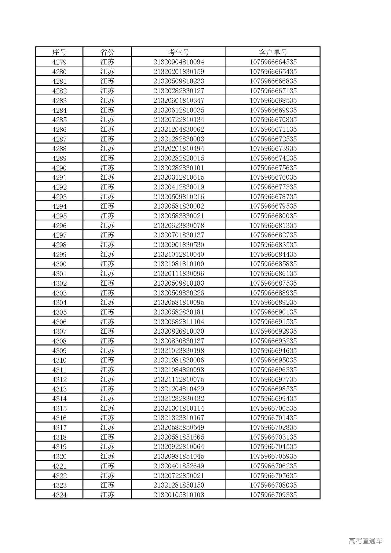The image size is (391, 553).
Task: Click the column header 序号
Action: (x=59, y=52)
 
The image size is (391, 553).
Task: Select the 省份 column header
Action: (x=107, y=52)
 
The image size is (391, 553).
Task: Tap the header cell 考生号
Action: (x=179, y=52)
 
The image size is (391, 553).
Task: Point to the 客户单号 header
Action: (x=273, y=52)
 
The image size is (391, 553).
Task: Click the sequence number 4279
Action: (x=59, y=62)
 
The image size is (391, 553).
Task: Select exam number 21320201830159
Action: (x=179, y=72)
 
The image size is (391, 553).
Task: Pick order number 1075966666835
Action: (x=273, y=81)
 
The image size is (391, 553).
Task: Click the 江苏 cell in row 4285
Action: (x=107, y=120)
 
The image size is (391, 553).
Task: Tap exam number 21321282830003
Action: (x=179, y=139)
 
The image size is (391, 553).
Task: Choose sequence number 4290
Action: (x=59, y=168)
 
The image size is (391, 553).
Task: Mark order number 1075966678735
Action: (x=273, y=197)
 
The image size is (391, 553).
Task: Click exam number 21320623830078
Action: (x=179, y=226)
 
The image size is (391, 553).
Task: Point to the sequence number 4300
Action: (x=59, y=264)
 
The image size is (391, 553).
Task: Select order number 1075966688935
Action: (x=273, y=293)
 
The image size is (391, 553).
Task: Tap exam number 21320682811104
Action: (x=179, y=322)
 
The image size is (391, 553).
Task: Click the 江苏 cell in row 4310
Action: (x=107, y=360)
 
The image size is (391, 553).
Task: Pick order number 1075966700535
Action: (x=273, y=408)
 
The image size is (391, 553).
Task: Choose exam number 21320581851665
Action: (x=179, y=437)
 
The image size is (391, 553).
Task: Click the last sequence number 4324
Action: (x=59, y=495)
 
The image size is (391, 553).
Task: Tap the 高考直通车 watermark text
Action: (x=365, y=541)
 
